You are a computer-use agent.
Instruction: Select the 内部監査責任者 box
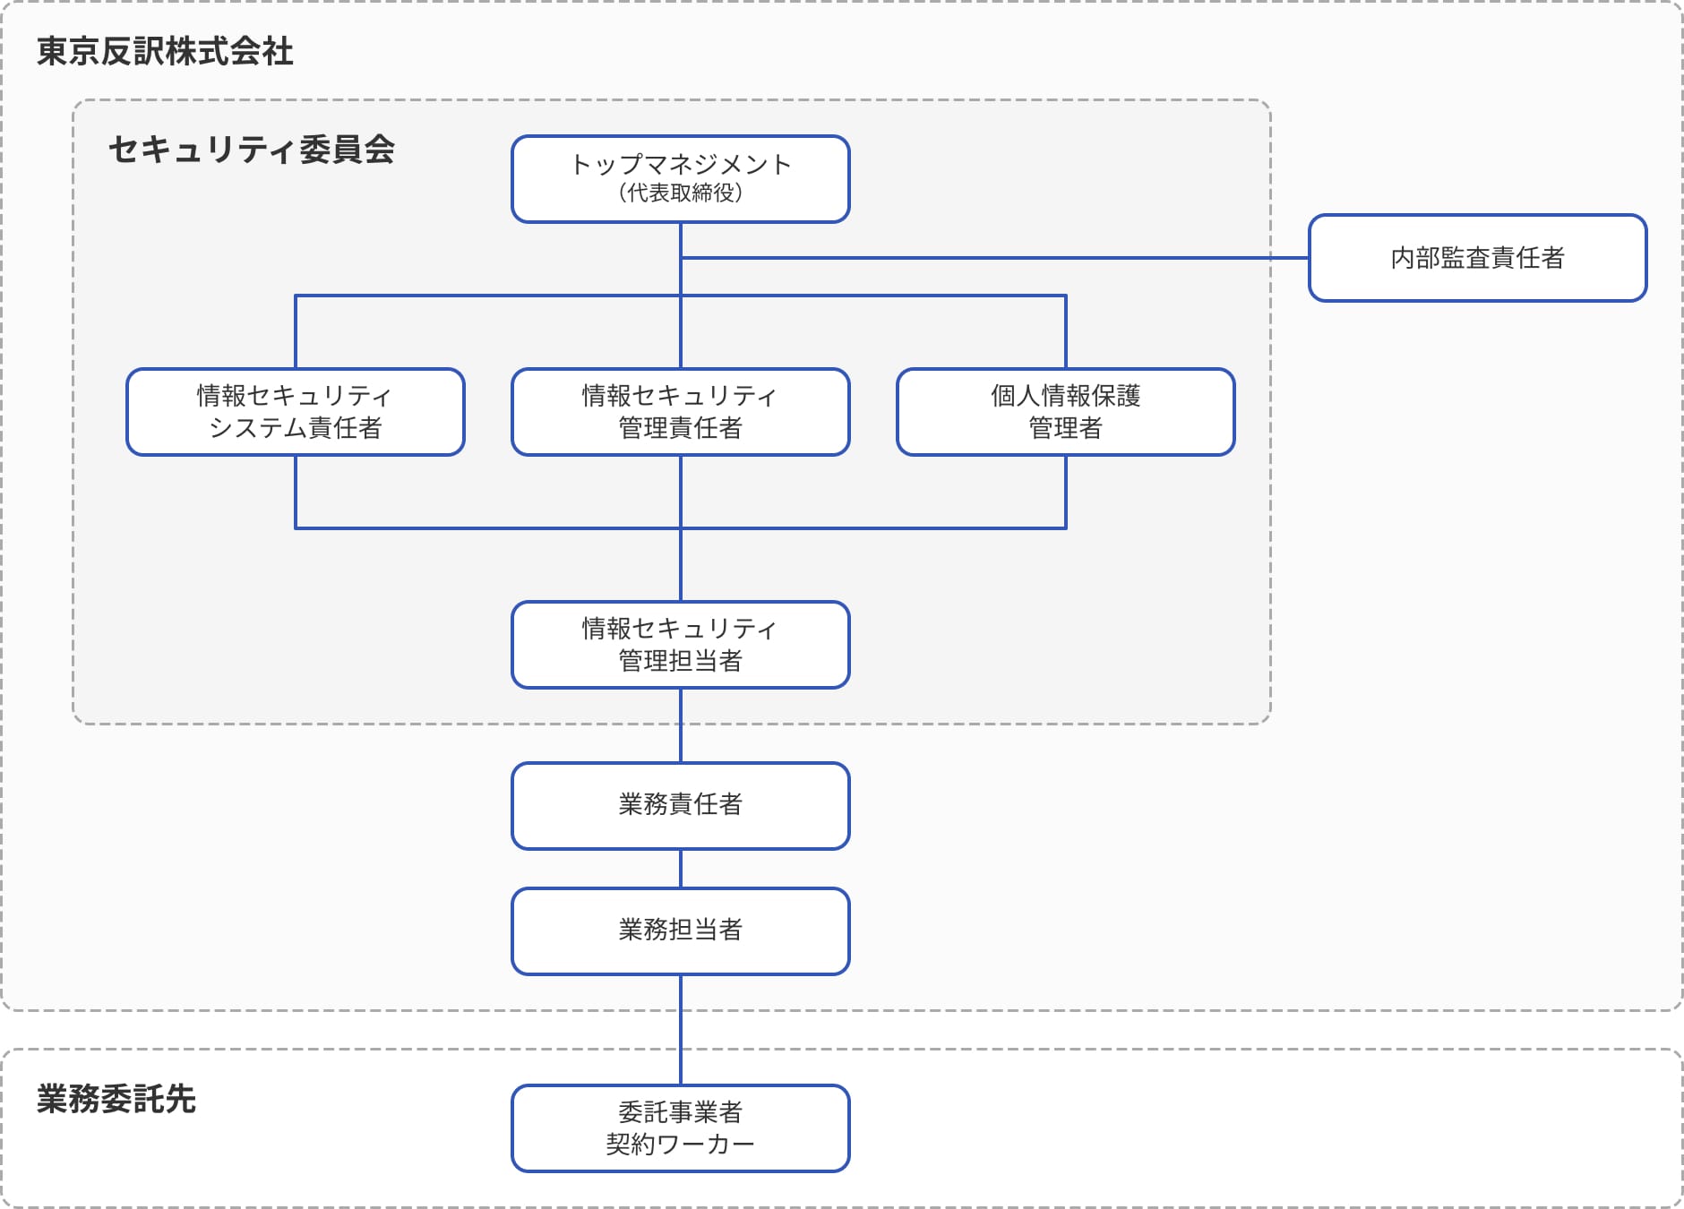[1477, 258]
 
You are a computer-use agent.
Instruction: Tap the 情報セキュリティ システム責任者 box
[295, 412]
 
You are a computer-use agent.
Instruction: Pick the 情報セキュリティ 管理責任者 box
[680, 412]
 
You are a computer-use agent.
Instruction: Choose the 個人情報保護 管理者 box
[1065, 412]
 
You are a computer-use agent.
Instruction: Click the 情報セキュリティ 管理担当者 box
[680, 645]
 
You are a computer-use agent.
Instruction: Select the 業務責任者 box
[680, 805]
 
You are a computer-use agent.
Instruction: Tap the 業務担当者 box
[680, 930]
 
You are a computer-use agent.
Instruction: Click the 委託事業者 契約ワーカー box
[680, 1128]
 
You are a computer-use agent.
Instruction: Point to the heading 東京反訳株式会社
[165, 52]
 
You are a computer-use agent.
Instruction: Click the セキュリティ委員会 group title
[252, 150]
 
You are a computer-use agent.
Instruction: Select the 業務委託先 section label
[116, 1099]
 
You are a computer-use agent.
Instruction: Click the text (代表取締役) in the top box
[680, 193]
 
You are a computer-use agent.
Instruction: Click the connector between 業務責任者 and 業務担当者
[681, 869]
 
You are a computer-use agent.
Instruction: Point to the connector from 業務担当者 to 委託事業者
[681, 1030]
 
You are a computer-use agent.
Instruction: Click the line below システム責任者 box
[296, 493]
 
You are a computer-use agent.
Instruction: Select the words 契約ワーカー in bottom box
[680, 1145]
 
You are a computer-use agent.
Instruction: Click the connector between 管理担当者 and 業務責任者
[681, 725]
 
